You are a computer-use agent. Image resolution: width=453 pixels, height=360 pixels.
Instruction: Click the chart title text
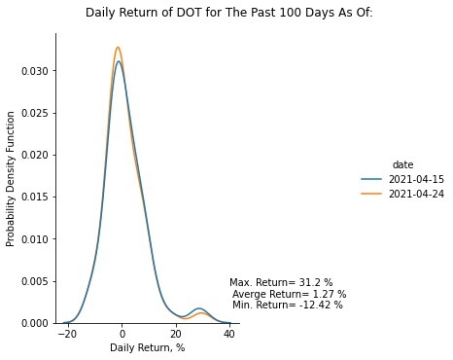pyautogui.click(x=229, y=13)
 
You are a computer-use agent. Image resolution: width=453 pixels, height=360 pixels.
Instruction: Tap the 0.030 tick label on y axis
pyautogui.click(x=35, y=71)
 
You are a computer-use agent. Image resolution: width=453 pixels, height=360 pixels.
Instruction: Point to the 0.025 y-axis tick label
pyautogui.click(x=35, y=113)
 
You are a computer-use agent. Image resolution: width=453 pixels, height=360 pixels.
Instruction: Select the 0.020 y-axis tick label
pyautogui.click(x=35, y=155)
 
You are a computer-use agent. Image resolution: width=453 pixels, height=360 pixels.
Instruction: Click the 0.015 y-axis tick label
pyautogui.click(x=35, y=198)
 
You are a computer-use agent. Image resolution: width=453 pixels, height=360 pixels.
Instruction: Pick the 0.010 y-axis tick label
pyautogui.click(x=35, y=239)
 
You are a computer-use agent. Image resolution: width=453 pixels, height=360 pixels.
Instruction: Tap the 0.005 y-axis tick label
pyautogui.click(x=35, y=281)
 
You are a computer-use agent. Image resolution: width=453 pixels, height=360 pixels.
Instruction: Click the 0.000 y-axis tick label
pyautogui.click(x=35, y=323)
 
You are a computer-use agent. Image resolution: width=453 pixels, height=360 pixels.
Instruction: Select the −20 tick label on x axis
pyautogui.click(x=66, y=334)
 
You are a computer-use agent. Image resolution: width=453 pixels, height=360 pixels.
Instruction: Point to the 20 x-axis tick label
pyautogui.click(x=176, y=334)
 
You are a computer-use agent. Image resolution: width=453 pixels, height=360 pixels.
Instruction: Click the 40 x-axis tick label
pyautogui.click(x=229, y=334)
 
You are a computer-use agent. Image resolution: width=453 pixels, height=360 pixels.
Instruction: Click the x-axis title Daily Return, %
pyautogui.click(x=148, y=347)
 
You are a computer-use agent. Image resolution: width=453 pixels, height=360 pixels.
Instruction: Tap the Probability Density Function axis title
pyautogui.click(x=11, y=179)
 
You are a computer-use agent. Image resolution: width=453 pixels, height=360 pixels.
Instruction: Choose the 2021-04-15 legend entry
pyautogui.click(x=402, y=179)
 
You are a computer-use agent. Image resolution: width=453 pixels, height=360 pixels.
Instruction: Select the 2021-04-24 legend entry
pyautogui.click(x=402, y=194)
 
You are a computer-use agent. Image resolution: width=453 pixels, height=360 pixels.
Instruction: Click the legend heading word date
pyautogui.click(x=402, y=164)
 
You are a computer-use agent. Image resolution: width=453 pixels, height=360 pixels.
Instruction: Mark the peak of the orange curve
pyautogui.click(x=118, y=48)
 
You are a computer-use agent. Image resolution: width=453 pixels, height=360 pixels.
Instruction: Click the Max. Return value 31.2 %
pyautogui.click(x=316, y=282)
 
